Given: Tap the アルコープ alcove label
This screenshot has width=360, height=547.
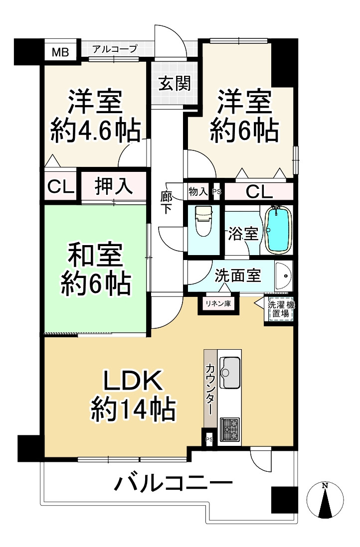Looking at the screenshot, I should click(x=115, y=49).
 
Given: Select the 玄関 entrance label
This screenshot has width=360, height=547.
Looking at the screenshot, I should click(x=175, y=83).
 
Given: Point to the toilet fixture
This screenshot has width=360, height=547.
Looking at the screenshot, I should click(x=203, y=221).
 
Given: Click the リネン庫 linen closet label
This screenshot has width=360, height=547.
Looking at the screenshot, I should click(x=218, y=303).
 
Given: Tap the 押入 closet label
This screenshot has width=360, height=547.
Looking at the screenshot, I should click(x=114, y=186).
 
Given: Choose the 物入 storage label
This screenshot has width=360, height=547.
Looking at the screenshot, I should click(x=198, y=191).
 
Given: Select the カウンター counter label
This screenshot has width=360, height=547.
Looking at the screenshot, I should click(x=210, y=389).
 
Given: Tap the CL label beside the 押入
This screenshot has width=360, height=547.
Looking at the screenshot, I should click(x=61, y=187).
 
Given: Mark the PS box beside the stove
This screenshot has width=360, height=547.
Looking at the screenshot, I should click(x=209, y=439).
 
